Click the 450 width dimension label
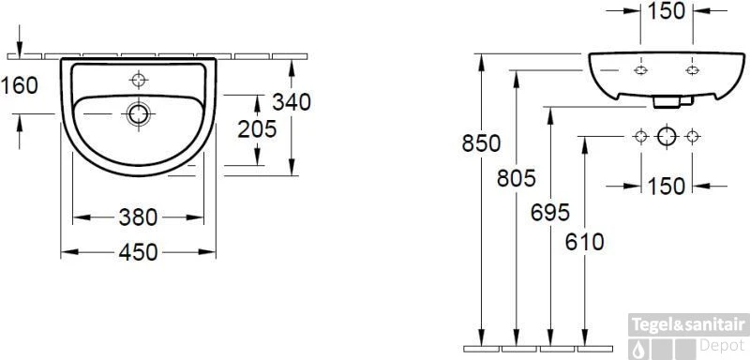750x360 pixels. (138, 252)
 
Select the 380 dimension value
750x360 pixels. (138, 217)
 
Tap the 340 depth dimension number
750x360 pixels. (292, 102)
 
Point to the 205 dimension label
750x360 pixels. (257, 129)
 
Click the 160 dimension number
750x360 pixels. (19, 86)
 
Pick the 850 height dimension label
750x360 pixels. (481, 143)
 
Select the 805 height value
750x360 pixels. (517, 178)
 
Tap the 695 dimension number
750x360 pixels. (550, 213)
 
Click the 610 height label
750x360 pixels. (584, 243)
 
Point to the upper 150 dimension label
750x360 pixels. (667, 11)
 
